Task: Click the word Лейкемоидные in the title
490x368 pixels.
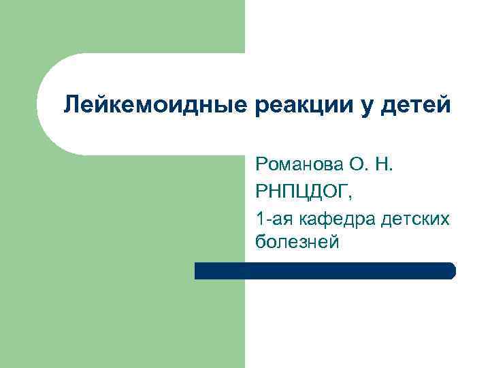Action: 157,105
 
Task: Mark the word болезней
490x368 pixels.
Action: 297,243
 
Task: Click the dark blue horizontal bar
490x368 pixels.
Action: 325,271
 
